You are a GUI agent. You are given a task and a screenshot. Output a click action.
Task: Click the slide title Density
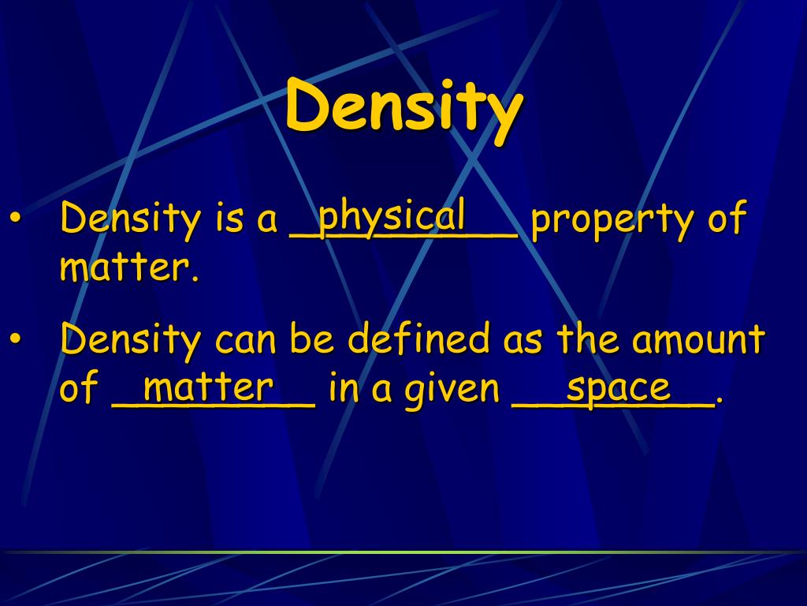click(403, 107)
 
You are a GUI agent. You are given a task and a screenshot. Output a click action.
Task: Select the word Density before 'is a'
click(131, 219)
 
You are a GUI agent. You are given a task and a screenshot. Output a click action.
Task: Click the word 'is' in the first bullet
click(226, 219)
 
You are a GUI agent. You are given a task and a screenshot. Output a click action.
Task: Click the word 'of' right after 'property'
click(726, 219)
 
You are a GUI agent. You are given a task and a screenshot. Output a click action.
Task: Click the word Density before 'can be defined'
click(131, 341)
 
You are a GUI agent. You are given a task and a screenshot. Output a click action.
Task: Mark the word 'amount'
click(700, 342)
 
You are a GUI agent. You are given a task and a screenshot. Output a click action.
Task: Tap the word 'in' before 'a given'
click(344, 389)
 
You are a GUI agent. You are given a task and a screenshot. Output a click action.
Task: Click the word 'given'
click(452, 391)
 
